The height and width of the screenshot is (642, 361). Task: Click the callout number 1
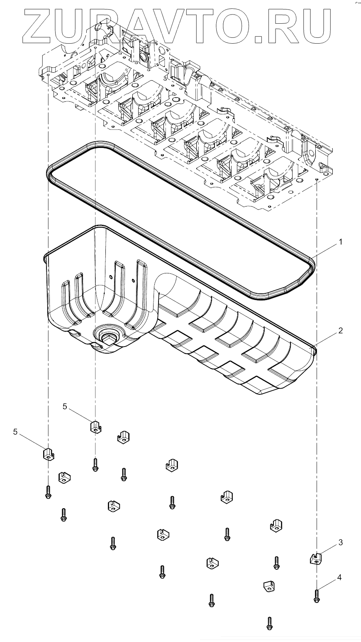click(340, 241)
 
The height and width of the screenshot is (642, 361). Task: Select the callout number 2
click(340, 331)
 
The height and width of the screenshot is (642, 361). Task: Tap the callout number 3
click(340, 542)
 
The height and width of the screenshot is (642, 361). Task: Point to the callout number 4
click(340, 577)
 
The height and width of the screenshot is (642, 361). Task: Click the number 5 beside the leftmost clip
click(15, 432)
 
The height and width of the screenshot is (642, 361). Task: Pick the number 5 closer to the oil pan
click(65, 406)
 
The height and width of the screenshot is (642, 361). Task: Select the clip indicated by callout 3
click(316, 558)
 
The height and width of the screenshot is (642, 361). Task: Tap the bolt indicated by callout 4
click(317, 596)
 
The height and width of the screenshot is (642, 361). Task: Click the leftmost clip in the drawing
click(49, 454)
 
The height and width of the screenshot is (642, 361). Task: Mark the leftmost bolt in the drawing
click(48, 492)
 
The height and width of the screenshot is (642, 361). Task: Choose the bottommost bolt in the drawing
click(269, 623)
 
